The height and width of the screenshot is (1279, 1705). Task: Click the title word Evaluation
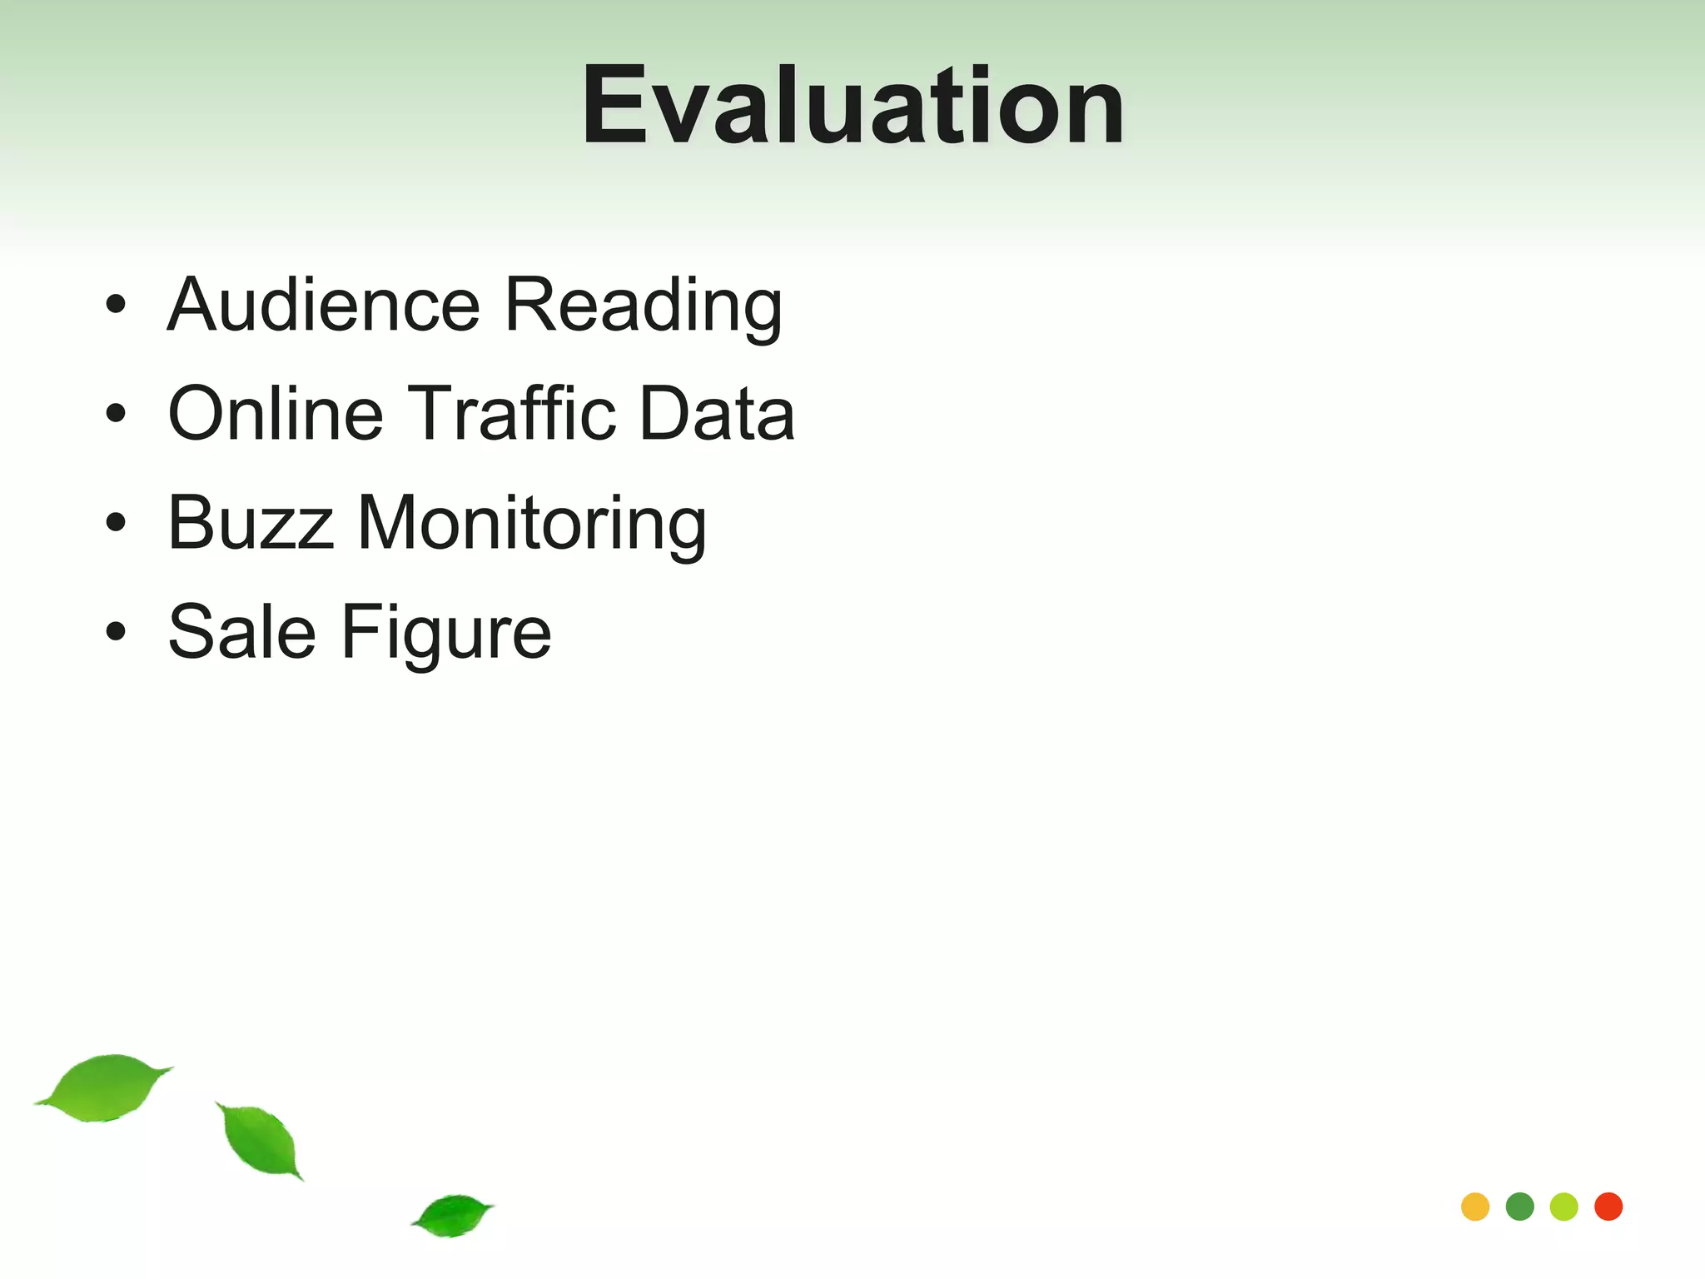tap(852, 107)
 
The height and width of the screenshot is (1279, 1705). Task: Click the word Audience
tap(324, 305)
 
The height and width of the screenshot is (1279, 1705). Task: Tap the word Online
tap(276, 413)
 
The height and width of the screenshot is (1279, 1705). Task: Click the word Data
tap(717, 413)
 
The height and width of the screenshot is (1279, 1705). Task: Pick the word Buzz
tap(251, 523)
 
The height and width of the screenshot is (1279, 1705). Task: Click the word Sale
tap(241, 632)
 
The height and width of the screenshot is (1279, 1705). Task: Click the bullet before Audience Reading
tap(116, 304)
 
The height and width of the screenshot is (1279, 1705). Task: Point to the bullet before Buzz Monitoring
tap(116, 522)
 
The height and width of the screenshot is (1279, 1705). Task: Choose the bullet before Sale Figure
tap(116, 631)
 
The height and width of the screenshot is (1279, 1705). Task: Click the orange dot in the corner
tap(1475, 1207)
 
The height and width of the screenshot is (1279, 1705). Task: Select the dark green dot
tap(1519, 1207)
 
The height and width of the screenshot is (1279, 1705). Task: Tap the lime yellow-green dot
tap(1564, 1207)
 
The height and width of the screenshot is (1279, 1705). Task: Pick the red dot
tap(1608, 1207)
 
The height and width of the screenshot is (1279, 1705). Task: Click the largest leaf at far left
tap(104, 1087)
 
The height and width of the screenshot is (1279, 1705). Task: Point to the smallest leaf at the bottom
tap(454, 1215)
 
